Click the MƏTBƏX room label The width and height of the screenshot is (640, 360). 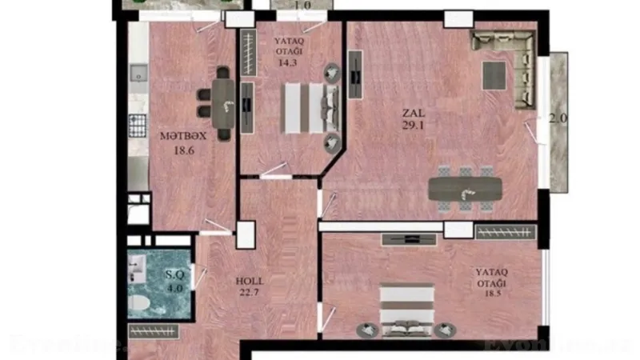(177, 137)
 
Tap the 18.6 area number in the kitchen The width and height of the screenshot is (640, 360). (177, 149)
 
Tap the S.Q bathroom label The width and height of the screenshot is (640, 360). (175, 274)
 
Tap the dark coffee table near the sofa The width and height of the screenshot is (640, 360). (493, 75)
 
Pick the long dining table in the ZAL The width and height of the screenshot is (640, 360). (465, 189)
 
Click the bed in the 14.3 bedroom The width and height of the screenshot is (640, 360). (308, 107)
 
